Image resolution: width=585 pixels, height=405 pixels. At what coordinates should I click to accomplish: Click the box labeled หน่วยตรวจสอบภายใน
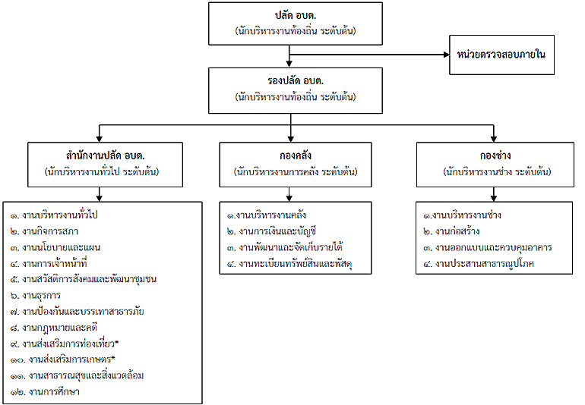click(x=501, y=55)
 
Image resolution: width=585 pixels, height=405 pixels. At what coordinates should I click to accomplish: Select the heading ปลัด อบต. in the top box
click(x=295, y=16)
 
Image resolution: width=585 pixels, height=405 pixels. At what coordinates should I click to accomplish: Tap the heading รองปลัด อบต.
click(x=295, y=80)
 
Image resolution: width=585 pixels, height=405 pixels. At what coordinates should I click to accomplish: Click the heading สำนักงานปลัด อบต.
click(x=105, y=155)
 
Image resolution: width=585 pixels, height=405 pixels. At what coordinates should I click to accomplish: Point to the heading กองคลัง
click(x=295, y=155)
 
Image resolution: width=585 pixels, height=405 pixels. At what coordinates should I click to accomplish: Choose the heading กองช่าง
click(x=495, y=155)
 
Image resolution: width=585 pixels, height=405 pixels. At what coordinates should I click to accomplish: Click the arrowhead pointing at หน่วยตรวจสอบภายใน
click(x=446, y=55)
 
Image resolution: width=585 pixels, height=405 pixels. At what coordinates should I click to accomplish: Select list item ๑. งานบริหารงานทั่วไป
click(x=54, y=215)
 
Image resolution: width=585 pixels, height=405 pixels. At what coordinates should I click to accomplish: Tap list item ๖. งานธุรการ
click(x=36, y=296)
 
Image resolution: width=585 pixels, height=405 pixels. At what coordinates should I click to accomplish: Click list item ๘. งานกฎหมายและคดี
click(x=54, y=328)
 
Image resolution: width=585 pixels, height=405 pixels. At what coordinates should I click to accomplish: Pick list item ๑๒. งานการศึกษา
click(x=45, y=391)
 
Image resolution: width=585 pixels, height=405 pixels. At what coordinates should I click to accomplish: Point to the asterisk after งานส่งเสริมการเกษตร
click(x=113, y=359)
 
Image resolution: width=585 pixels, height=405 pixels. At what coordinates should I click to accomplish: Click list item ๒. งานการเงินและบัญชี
click(x=272, y=231)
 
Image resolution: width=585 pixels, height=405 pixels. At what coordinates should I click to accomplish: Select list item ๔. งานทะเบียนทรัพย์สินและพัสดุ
click(x=289, y=264)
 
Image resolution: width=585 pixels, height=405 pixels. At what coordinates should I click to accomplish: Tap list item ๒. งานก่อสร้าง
click(x=451, y=231)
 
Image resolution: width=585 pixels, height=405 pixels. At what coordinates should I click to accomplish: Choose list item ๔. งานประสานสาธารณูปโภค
click(x=479, y=264)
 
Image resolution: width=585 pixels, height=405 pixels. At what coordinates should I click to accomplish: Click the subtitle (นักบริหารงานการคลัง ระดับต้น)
click(x=296, y=171)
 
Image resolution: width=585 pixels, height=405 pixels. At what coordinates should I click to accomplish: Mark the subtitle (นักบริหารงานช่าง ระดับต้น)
click(x=497, y=171)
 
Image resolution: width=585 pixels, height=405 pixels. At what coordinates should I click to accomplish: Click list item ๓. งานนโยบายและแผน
click(x=55, y=247)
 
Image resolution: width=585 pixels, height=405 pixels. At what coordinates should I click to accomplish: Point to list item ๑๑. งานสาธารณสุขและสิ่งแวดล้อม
click(x=77, y=375)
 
